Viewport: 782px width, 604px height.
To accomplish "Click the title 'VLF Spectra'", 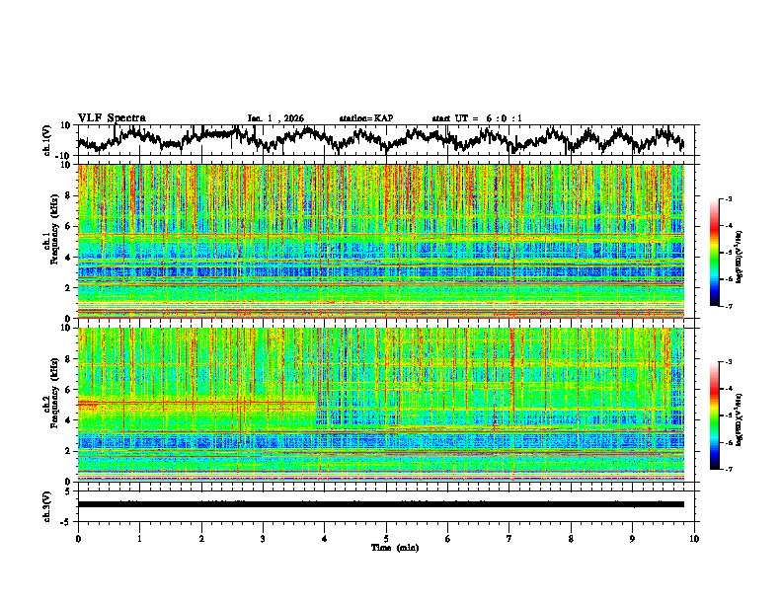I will [112, 117].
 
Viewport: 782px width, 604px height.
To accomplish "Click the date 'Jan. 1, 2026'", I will [275, 118].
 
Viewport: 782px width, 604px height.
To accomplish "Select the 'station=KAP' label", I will [365, 118].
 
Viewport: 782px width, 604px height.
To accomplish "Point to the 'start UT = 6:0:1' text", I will [477, 118].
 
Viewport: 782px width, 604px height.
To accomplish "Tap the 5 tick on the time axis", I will [386, 538].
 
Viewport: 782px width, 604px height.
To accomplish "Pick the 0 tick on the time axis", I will [78, 538].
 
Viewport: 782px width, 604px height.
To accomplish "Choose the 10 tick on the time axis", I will [694, 538].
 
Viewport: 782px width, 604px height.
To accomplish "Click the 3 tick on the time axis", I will [263, 538].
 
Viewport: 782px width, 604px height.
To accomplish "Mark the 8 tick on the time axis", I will [571, 538].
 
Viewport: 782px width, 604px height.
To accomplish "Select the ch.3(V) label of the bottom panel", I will [47, 504].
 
